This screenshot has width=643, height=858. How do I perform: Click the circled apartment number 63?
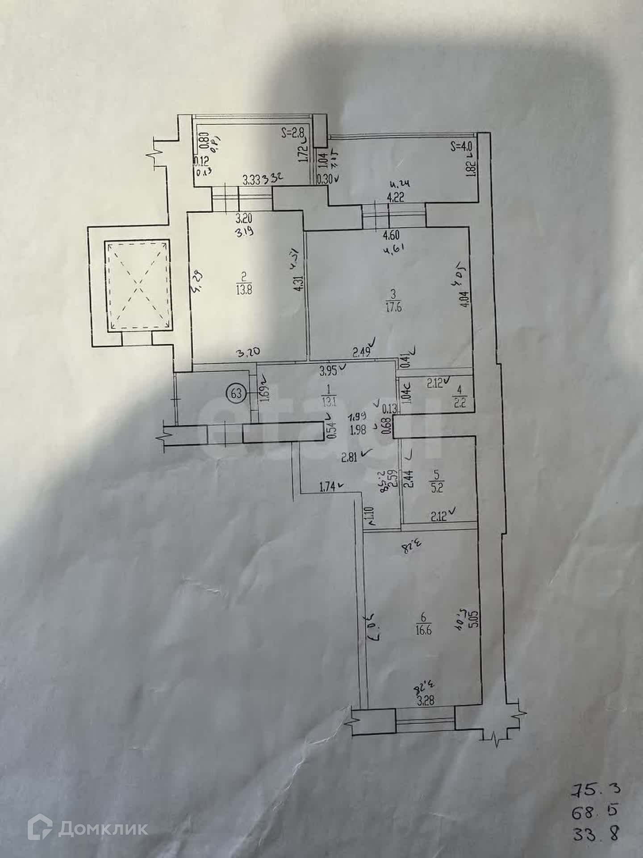(237, 394)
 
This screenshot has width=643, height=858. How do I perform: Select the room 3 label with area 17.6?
(392, 300)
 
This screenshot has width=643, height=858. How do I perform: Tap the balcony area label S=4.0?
(461, 146)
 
